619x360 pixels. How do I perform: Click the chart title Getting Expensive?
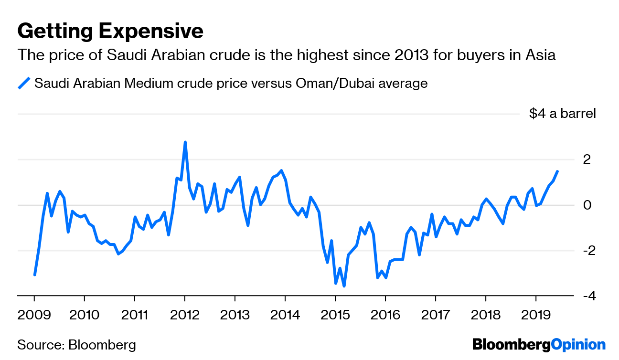(110, 32)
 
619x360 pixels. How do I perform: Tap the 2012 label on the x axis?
(184, 316)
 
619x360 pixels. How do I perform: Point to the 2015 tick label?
(335, 316)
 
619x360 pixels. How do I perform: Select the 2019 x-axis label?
(535, 316)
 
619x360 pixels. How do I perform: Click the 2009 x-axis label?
(34, 316)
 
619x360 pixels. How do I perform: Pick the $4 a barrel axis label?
(563, 114)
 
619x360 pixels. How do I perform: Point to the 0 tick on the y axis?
(587, 205)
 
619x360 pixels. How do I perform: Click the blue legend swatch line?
(24, 84)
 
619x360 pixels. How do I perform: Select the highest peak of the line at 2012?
(185, 142)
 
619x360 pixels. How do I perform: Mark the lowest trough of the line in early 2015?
(344, 286)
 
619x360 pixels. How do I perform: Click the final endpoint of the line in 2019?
(557, 171)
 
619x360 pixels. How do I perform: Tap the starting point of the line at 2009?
(34, 275)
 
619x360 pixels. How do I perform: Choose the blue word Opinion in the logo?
(578, 345)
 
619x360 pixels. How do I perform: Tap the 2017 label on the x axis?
(435, 316)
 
